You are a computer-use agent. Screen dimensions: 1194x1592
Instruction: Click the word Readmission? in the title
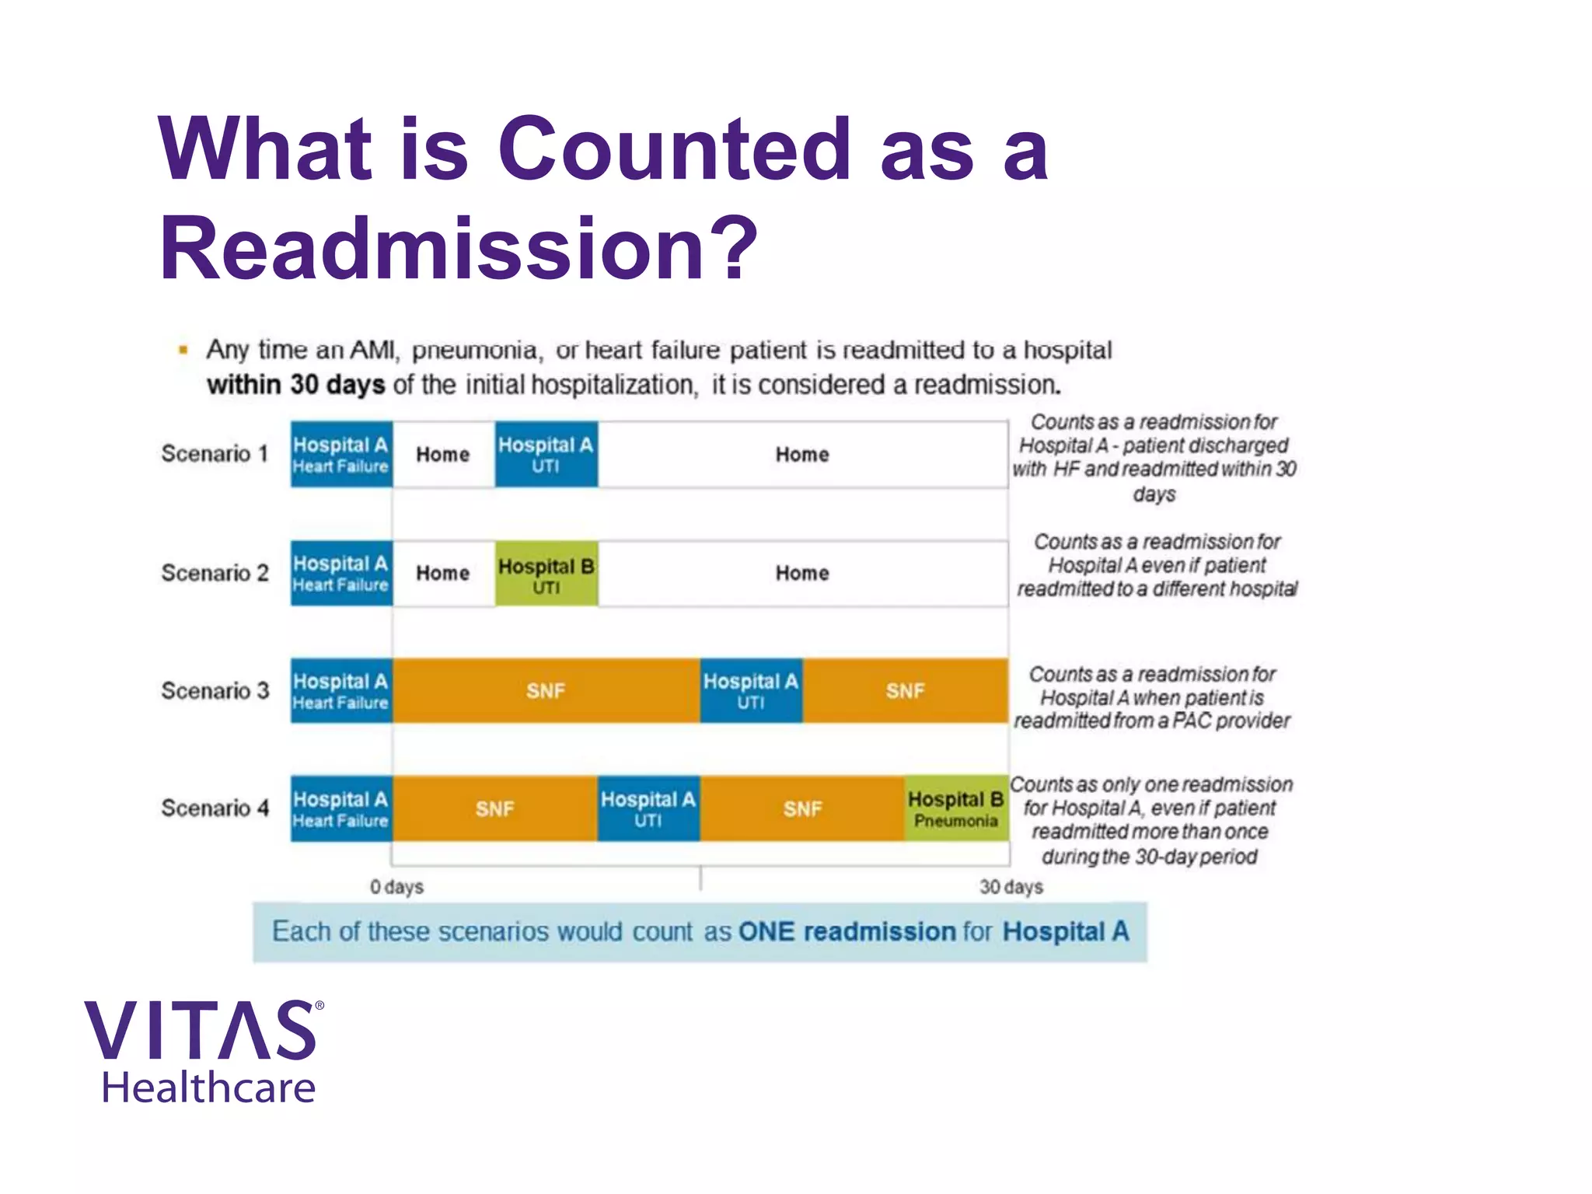[459, 249]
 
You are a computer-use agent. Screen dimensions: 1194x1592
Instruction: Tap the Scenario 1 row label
[215, 453]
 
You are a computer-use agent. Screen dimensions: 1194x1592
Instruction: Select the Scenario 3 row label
[215, 690]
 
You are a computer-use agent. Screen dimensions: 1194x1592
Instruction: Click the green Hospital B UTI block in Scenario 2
[546, 574]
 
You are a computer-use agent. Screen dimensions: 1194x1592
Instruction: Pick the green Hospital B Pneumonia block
[956, 809]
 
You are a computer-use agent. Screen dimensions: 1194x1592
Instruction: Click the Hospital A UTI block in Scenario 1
[546, 455]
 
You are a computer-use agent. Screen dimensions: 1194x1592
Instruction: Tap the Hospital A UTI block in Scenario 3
[751, 690]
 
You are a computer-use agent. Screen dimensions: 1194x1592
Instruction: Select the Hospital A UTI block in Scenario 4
[648, 809]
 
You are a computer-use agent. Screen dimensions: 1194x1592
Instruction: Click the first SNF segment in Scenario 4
[494, 809]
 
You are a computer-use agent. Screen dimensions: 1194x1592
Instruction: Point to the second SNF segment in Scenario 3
[906, 690]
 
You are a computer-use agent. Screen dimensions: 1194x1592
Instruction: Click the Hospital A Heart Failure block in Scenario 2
[341, 574]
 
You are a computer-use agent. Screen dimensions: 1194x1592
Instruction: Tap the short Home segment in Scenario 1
[443, 455]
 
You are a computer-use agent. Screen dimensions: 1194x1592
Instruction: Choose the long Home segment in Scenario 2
[802, 574]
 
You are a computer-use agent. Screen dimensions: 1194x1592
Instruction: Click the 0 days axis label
[396, 887]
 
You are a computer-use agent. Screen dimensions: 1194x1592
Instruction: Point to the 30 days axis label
[1011, 887]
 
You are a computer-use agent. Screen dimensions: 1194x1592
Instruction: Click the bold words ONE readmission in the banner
[847, 931]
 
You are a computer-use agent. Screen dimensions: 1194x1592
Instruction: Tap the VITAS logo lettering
[202, 1031]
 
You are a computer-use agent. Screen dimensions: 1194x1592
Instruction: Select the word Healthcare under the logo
[208, 1088]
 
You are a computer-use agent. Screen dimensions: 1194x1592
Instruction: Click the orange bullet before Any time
[183, 350]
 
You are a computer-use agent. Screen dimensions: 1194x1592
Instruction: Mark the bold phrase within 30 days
[295, 385]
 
